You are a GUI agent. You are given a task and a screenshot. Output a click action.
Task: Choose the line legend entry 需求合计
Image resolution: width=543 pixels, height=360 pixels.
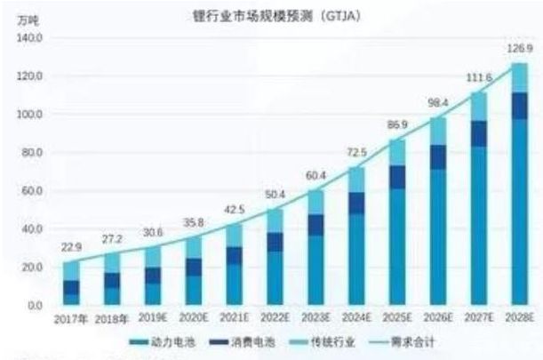411,341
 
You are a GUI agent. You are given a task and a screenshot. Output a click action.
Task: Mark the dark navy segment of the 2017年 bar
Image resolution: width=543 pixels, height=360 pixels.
70,287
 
